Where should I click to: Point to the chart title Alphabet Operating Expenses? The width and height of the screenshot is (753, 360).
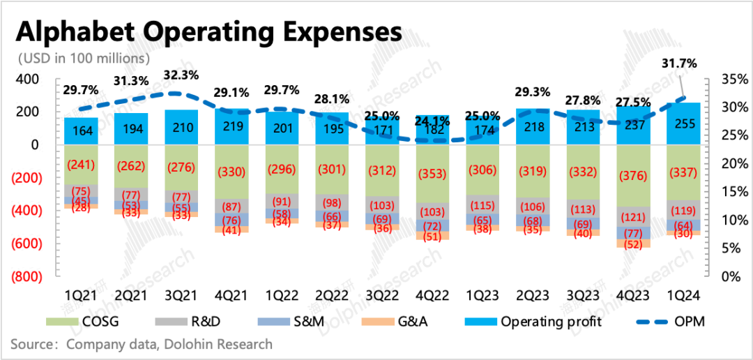point(208,32)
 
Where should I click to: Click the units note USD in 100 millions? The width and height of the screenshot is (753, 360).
point(84,57)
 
